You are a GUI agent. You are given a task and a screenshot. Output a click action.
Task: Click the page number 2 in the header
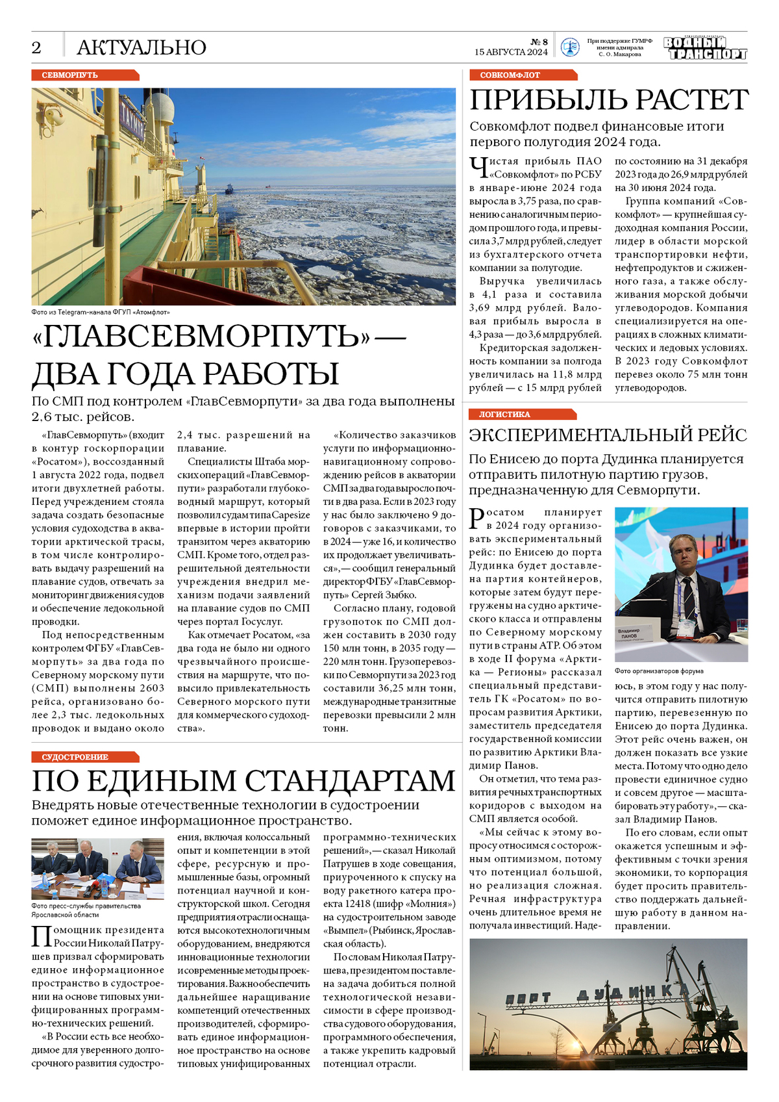tap(36, 47)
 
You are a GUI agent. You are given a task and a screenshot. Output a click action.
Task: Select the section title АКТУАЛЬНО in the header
tap(141, 47)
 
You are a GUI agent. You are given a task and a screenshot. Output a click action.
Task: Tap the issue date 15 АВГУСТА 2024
tap(511, 52)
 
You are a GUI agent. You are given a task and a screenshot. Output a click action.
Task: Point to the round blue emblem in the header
tap(569, 47)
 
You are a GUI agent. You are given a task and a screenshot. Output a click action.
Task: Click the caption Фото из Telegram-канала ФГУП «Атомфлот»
tap(101, 313)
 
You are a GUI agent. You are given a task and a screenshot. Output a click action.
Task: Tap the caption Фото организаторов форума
tap(658, 671)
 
